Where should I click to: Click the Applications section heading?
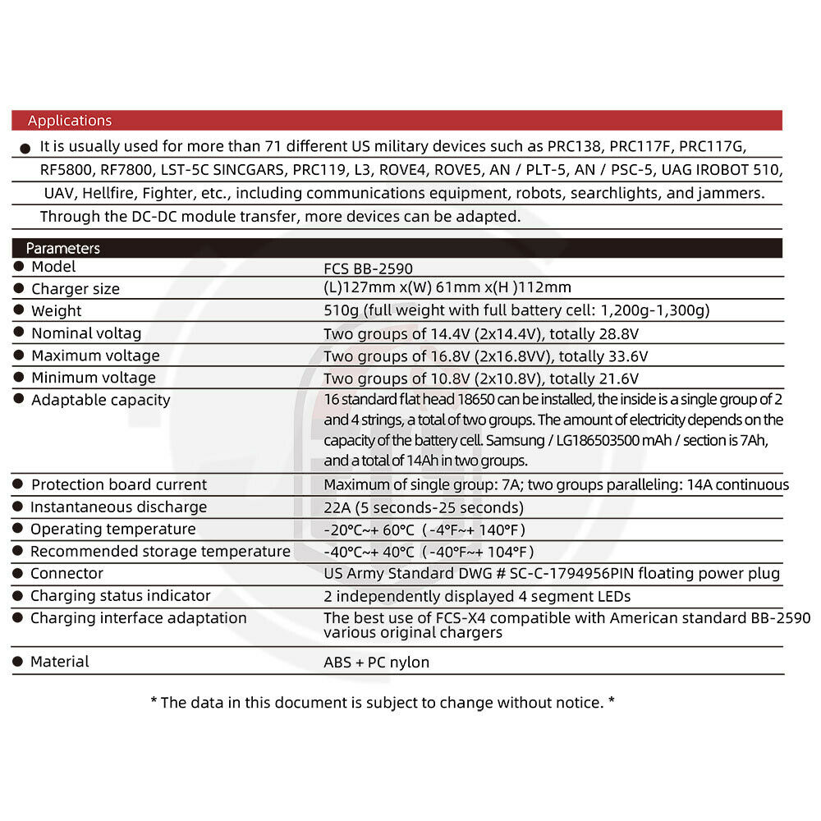pyautogui.click(x=70, y=121)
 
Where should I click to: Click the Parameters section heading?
pyautogui.click(x=63, y=248)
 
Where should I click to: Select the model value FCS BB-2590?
pyautogui.click(x=369, y=268)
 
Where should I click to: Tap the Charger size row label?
pyautogui.click(x=76, y=289)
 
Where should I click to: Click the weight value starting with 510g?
pyautogui.click(x=516, y=310)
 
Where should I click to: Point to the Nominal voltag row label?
pyautogui.click(x=86, y=333)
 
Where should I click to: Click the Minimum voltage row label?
pyautogui.click(x=94, y=378)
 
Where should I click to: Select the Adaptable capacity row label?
pyautogui.click(x=100, y=400)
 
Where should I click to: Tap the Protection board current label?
pyautogui.click(x=119, y=484)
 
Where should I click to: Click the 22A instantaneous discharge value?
pyautogui.click(x=424, y=507)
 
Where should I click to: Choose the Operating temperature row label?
pyautogui.click(x=113, y=529)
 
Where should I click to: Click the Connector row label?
pyautogui.click(x=67, y=573)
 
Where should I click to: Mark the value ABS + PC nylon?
pyautogui.click(x=377, y=662)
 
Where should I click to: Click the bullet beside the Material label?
pyautogui.click(x=18, y=661)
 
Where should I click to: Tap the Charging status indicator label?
pyautogui.click(x=121, y=595)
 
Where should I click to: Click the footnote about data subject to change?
pyautogui.click(x=383, y=702)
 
